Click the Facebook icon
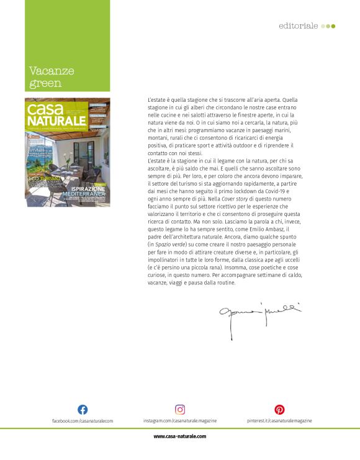(x=83, y=409)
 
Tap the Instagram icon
(x=180, y=409)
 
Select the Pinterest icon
(x=279, y=409)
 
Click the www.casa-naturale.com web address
(x=180, y=436)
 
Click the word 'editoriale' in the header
(x=298, y=26)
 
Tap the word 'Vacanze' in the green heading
(x=52, y=71)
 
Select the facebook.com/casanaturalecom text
(x=83, y=421)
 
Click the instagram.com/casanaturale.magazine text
(x=180, y=421)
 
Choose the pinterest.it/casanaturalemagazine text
(x=279, y=421)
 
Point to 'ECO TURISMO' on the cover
(x=43, y=179)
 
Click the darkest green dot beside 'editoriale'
(x=333, y=26)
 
